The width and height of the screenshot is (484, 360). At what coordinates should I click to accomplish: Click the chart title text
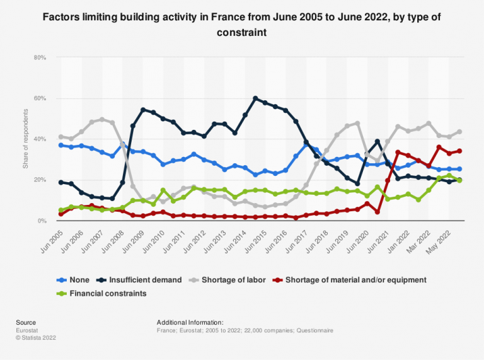(242, 23)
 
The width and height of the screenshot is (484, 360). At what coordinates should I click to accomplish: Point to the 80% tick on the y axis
(40, 57)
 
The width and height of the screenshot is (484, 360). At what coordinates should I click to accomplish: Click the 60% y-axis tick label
(40, 98)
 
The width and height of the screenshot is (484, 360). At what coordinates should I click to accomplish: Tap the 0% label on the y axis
(42, 221)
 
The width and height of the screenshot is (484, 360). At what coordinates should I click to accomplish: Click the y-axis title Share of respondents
(26, 139)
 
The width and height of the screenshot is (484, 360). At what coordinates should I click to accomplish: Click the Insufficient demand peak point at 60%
(255, 98)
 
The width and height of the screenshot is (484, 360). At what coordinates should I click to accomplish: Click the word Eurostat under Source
(28, 330)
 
